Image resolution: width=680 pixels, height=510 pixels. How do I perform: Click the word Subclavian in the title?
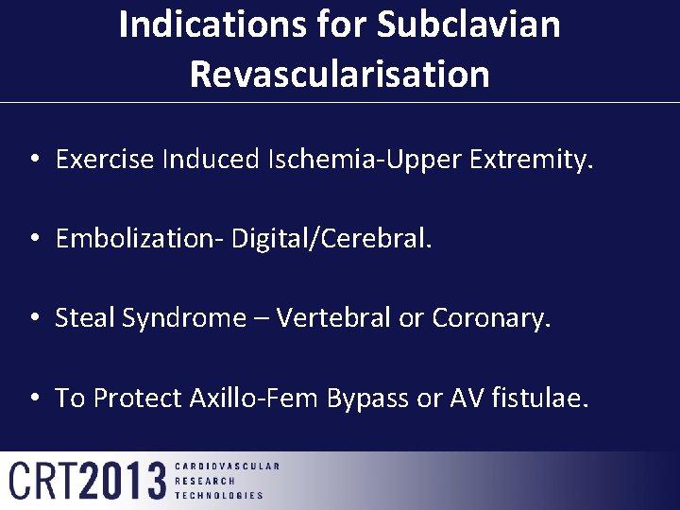(468, 25)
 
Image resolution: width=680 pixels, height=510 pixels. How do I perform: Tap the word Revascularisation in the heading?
(340, 74)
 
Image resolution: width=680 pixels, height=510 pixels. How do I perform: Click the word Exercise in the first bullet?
(105, 160)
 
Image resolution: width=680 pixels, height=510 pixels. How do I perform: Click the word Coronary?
(490, 318)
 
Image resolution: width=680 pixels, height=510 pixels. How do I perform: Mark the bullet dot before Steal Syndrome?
(33, 319)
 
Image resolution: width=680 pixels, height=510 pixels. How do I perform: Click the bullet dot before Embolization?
(33, 240)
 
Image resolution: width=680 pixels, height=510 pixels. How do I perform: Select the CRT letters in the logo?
(43, 481)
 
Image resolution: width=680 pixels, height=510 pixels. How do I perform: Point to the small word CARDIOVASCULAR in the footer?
(228, 467)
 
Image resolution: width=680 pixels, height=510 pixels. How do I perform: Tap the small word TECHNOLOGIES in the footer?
(220, 495)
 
